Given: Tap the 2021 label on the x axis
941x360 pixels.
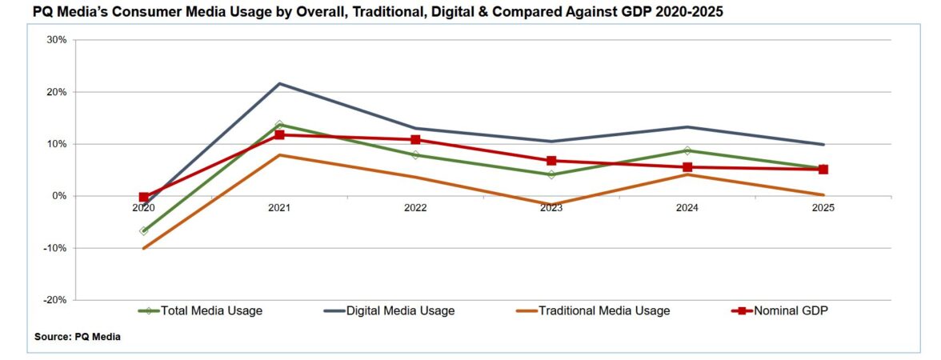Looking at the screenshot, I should (x=279, y=208).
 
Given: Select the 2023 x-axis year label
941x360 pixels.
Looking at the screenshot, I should (x=551, y=208).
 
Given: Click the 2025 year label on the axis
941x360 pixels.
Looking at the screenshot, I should (x=823, y=208).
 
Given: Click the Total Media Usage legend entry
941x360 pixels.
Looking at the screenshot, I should (x=211, y=310).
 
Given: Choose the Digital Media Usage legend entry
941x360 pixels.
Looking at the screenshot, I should (x=400, y=310).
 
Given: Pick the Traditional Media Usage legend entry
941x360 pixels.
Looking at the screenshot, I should (x=603, y=310).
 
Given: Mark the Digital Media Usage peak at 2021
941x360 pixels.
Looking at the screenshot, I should (x=279, y=83).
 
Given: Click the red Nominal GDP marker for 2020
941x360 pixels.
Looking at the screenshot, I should (x=144, y=197).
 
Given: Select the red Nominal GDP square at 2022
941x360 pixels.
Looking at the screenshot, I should (x=415, y=140).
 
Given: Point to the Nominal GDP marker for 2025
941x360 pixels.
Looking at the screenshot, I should (x=823, y=170).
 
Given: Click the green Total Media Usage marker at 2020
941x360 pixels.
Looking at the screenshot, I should (x=144, y=231).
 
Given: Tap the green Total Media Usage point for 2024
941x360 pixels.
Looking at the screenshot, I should (x=687, y=150).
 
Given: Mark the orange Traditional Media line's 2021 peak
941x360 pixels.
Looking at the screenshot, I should (x=279, y=154).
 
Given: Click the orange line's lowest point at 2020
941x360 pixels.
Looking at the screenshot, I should (x=144, y=248).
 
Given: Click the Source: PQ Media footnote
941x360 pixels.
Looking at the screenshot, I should (x=78, y=337).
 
